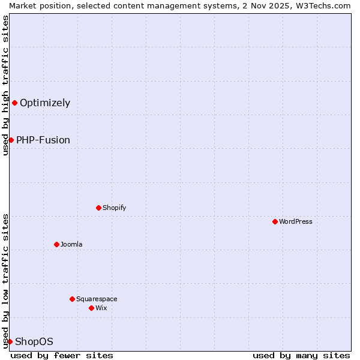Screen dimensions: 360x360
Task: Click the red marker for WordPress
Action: click(x=275, y=221)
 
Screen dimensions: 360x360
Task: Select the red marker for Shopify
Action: click(x=98, y=208)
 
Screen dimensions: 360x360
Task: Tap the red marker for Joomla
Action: click(x=56, y=244)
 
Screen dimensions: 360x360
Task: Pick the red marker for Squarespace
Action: click(x=72, y=299)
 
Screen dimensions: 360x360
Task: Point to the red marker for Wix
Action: click(x=91, y=308)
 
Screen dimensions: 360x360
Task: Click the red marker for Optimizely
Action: click(x=14, y=103)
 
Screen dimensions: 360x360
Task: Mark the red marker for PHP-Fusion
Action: click(x=11, y=140)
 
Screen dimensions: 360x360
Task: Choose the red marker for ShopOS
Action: click(x=10, y=341)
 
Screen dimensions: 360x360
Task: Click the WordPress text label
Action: click(x=296, y=221)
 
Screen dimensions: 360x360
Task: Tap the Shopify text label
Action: click(x=114, y=208)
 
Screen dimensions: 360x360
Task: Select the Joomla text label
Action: click(x=71, y=244)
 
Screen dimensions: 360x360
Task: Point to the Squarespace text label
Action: click(x=97, y=299)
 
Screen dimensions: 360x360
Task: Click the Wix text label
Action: click(x=101, y=308)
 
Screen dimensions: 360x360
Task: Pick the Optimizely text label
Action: click(x=45, y=103)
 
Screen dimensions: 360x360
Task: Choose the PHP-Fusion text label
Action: click(x=43, y=140)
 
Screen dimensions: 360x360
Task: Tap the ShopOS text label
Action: click(x=34, y=341)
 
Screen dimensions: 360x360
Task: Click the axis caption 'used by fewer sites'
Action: click(x=62, y=355)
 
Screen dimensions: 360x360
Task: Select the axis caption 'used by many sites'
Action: click(x=301, y=355)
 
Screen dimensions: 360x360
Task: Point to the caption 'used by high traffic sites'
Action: click(x=5, y=85)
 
